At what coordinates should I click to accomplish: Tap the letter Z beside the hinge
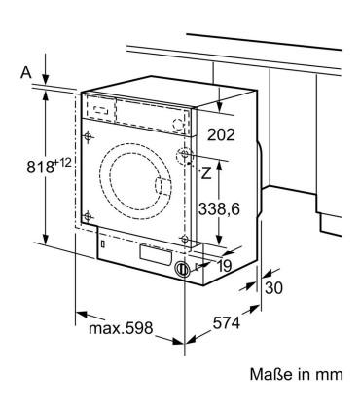tap(206, 174)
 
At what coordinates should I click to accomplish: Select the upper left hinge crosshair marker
tap(89, 134)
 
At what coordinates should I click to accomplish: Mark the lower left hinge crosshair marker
tap(88, 216)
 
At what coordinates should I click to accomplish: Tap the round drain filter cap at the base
tap(182, 270)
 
